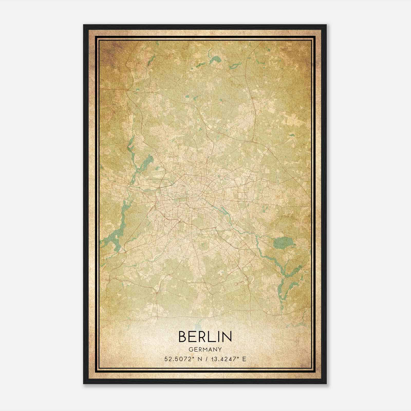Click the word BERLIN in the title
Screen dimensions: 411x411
point(205,337)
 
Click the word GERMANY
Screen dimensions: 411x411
point(205,350)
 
